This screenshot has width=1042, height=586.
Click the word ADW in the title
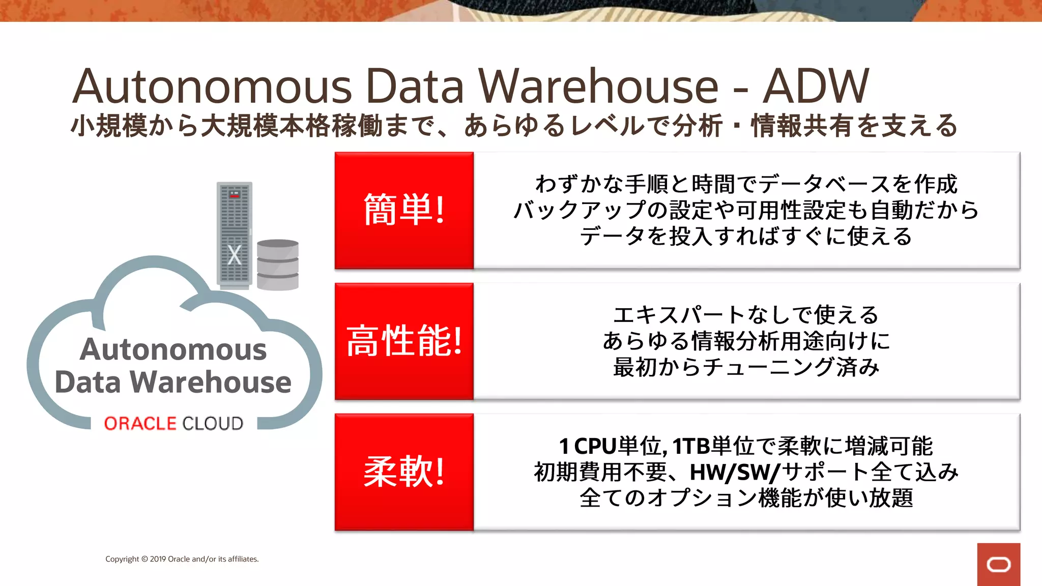[x=816, y=86]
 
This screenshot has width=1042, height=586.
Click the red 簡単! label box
[x=404, y=210]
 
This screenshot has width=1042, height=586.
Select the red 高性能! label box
[x=404, y=341]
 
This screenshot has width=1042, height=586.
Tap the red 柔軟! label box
[x=404, y=472]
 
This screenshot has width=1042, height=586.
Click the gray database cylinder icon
[x=277, y=265]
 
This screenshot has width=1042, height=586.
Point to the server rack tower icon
[x=234, y=234]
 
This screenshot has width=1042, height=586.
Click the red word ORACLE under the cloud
[x=140, y=423]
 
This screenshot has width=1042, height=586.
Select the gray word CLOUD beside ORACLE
[x=213, y=423]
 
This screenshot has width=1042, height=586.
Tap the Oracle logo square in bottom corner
[x=998, y=564]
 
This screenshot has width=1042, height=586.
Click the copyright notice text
[x=182, y=559]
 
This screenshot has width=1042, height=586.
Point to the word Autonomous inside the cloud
[x=173, y=349]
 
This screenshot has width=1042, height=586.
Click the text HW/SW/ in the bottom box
[x=734, y=472]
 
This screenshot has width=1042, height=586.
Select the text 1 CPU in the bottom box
[x=588, y=446]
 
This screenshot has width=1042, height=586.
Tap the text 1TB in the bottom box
[x=691, y=446]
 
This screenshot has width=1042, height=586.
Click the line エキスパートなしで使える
[x=746, y=315]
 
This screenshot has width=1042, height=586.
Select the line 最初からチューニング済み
[x=746, y=367]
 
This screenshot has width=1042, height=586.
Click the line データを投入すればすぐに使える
[x=746, y=237]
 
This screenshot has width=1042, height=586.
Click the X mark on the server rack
[x=234, y=255]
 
